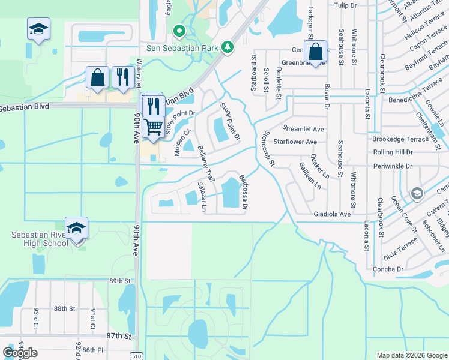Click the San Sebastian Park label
181,47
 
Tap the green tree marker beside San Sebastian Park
228,47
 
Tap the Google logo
21,353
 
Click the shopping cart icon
154,126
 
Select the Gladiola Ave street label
331,214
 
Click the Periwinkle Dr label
393,165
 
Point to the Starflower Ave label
295,142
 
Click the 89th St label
120,281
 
